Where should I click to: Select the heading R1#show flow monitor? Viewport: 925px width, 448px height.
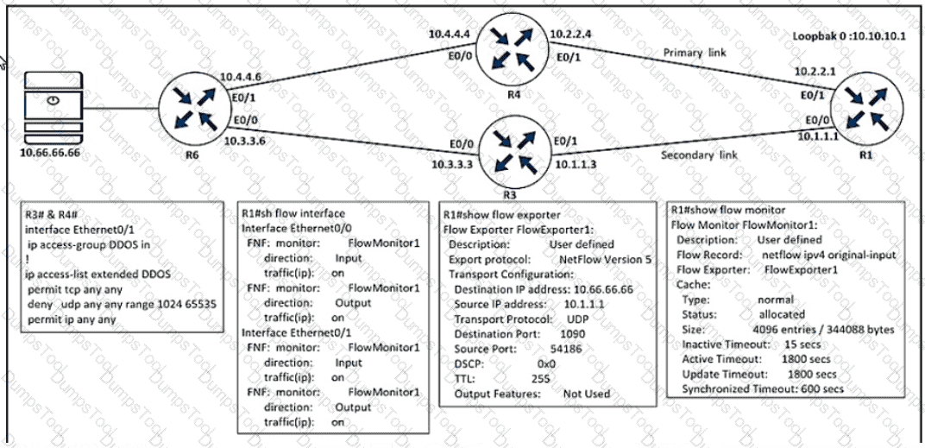(x=728, y=209)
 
